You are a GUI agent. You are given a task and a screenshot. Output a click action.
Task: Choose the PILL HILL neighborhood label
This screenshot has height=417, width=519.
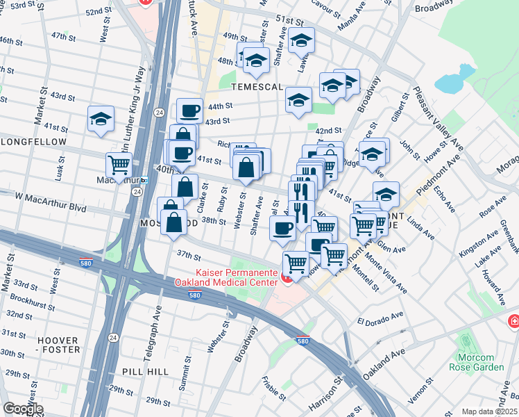(x=144, y=372)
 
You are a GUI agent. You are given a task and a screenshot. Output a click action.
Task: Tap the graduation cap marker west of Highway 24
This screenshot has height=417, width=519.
(x=101, y=120)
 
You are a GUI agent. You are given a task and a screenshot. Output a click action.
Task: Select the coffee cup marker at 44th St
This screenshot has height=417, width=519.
(x=189, y=111)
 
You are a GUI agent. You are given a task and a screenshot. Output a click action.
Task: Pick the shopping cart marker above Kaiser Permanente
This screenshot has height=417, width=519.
(x=296, y=264)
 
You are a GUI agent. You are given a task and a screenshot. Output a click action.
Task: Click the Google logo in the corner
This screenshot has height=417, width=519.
(x=23, y=409)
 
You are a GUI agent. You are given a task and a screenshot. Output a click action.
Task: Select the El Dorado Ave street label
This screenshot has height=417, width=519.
(x=380, y=319)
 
